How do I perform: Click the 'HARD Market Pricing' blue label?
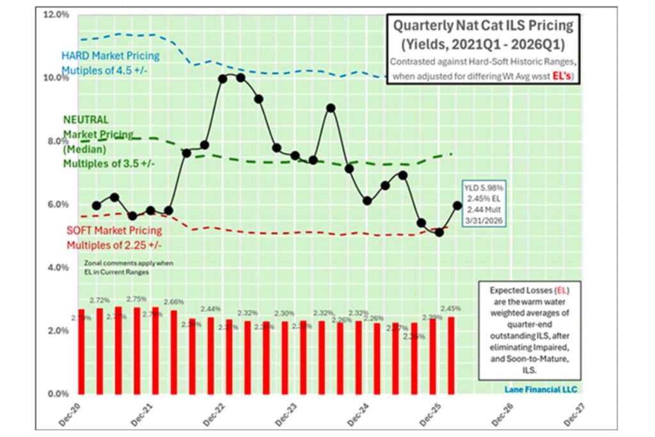click(110, 56)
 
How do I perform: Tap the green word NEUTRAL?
click(85, 119)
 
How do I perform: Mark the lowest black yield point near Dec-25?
click(439, 232)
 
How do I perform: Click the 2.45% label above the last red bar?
click(450, 308)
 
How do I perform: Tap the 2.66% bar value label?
click(174, 301)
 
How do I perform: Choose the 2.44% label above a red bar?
click(211, 309)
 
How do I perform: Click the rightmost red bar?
click(451, 355)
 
